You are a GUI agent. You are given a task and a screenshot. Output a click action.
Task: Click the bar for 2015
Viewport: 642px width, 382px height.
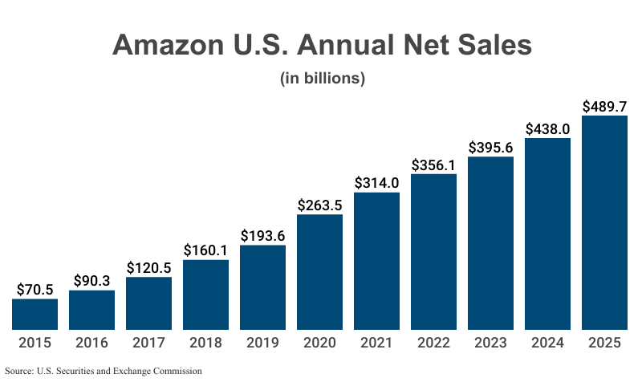click(35, 314)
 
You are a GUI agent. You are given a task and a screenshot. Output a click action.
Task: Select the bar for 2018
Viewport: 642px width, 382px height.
click(205, 295)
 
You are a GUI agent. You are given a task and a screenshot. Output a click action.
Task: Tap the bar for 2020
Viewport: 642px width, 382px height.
click(319, 272)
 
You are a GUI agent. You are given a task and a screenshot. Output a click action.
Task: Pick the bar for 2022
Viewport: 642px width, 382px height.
click(433, 252)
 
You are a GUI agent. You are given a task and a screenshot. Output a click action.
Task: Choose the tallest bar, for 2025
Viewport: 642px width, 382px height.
click(604, 222)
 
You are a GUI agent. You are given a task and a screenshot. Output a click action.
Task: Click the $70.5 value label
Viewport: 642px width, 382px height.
click(35, 288)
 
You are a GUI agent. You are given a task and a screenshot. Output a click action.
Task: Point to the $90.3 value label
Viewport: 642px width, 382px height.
click(91, 280)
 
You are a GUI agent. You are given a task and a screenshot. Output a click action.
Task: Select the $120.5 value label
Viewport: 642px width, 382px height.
click(148, 266)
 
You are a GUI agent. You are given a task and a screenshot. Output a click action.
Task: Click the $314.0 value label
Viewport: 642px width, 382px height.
click(376, 182)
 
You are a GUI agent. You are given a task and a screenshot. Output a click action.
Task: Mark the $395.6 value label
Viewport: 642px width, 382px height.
click(490, 146)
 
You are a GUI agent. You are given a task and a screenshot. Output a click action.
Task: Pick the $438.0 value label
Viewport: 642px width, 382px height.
click(547, 128)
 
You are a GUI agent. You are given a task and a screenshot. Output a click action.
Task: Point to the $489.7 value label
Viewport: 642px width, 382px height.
click(604, 106)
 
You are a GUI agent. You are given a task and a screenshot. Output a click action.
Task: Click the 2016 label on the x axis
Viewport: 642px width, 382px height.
click(91, 343)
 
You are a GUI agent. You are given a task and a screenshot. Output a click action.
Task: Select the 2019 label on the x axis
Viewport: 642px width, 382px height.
click(262, 343)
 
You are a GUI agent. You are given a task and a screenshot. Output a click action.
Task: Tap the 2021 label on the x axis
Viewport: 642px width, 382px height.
click(376, 343)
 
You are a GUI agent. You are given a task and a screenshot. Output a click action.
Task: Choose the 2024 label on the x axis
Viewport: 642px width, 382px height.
click(547, 343)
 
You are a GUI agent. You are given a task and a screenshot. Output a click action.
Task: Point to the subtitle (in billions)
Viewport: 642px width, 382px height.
click(322, 79)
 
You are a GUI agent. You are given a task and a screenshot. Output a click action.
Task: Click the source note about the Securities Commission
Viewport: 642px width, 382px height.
click(104, 371)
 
